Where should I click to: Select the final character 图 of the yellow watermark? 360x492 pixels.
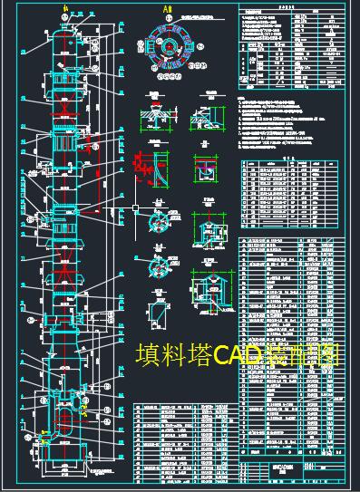click(x=327, y=354)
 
